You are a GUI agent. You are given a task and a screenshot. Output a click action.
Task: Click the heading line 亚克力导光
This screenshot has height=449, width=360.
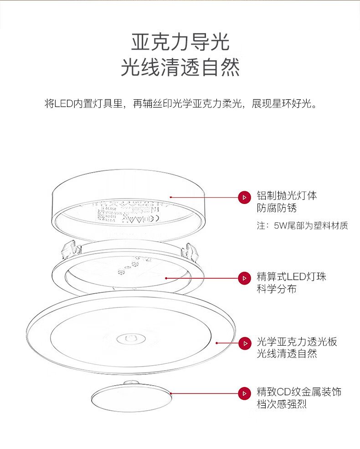click(180, 42)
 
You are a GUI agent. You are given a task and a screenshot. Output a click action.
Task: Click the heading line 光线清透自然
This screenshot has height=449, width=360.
click(180, 68)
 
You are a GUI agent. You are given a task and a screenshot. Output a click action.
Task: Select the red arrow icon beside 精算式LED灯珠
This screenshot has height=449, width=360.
click(245, 277)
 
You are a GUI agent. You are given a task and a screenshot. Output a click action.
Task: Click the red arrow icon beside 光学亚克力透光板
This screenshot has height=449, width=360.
click(245, 342)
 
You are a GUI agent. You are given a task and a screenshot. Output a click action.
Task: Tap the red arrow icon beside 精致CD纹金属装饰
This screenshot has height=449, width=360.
click(245, 393)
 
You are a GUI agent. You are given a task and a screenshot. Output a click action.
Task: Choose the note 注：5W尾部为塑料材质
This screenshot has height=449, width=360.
click(303, 225)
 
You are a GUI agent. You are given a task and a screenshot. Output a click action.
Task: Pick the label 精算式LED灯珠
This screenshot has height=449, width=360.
click(291, 276)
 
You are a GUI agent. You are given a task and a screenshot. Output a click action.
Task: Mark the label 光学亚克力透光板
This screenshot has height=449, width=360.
click(297, 342)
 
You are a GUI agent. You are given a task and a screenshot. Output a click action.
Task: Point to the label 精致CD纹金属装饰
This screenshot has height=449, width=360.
click(299, 392)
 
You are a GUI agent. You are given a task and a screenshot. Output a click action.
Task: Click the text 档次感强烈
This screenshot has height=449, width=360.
click(282, 404)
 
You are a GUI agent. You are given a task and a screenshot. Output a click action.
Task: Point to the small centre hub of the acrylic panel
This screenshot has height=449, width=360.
click(130, 339)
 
